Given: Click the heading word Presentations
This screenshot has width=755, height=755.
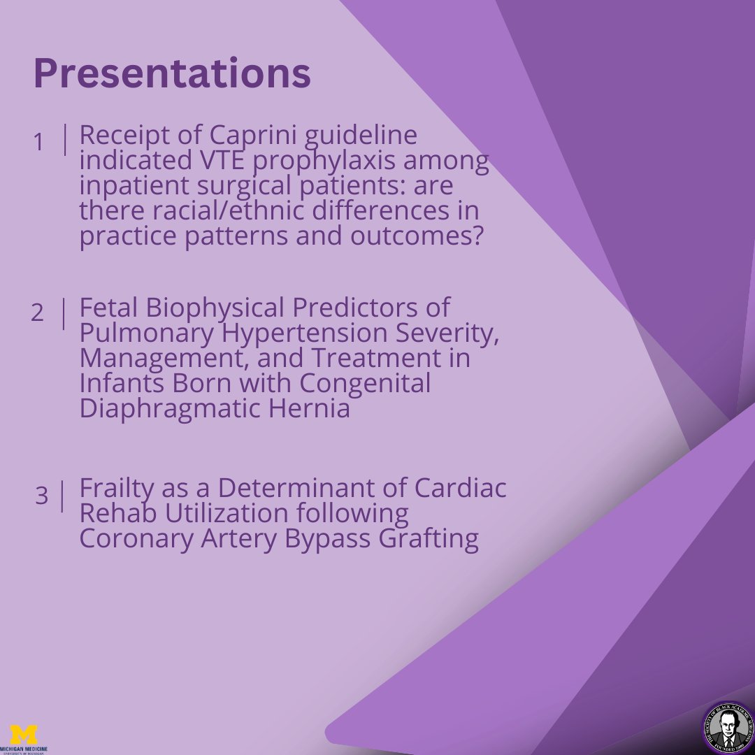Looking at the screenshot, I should (x=172, y=74).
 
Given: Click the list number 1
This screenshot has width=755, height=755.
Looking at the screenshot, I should (x=38, y=143).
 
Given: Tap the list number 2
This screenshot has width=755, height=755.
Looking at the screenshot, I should (x=37, y=313).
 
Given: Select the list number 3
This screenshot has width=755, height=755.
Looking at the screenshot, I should (x=42, y=496).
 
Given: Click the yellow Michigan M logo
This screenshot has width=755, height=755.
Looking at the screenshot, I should (x=24, y=734).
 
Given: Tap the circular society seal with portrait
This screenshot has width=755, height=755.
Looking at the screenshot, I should (x=727, y=727).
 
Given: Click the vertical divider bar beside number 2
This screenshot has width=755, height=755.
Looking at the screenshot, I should (x=64, y=314).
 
